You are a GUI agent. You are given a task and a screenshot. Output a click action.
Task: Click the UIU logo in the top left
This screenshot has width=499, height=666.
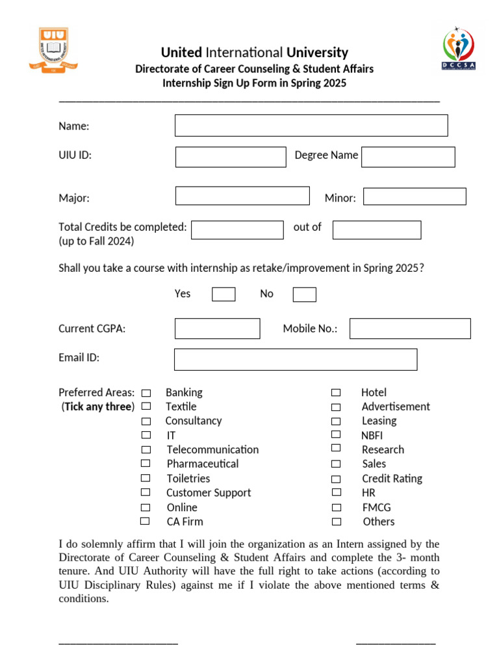tap(53, 50)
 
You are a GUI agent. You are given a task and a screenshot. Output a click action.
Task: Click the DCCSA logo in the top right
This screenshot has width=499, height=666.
tap(459, 49)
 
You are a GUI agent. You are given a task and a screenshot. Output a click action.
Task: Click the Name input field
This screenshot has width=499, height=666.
tap(311, 126)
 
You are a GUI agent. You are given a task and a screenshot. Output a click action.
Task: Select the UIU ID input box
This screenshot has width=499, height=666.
tap(231, 157)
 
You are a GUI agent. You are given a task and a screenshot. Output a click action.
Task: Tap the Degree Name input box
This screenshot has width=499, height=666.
tap(408, 157)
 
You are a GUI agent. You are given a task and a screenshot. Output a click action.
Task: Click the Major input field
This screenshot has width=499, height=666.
tap(242, 196)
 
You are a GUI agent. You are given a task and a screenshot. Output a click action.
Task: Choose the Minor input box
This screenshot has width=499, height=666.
tap(415, 196)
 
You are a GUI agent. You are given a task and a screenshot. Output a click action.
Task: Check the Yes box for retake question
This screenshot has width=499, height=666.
tap(224, 295)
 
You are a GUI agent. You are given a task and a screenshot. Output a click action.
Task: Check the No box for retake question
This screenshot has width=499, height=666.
tap(304, 295)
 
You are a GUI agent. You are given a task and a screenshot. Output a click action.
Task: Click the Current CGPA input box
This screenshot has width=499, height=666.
tap(217, 328)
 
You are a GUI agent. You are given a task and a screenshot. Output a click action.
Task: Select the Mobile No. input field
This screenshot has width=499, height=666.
tap(410, 328)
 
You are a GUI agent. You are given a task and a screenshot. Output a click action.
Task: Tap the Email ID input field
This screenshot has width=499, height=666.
tap(296, 359)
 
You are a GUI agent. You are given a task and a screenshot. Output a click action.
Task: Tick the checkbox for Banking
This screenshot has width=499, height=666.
tap(146, 393)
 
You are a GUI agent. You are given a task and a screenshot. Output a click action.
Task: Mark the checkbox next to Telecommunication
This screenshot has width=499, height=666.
tap(146, 449)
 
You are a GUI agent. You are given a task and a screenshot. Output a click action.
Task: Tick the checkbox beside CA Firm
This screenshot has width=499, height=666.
tap(146, 521)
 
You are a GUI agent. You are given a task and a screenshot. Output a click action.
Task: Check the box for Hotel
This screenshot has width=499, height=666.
tap(336, 393)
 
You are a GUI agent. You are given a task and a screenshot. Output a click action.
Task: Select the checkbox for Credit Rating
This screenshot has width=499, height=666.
tap(336, 478)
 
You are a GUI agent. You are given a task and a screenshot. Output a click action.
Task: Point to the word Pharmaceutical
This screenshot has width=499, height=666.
tap(202, 464)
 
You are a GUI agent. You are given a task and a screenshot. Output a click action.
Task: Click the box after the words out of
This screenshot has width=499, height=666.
tap(377, 230)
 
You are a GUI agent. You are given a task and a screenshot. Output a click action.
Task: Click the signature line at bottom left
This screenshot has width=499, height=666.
tap(118, 643)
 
